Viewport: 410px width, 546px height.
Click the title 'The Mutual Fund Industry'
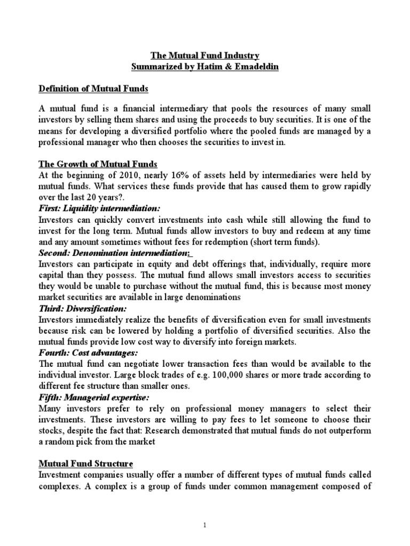206,55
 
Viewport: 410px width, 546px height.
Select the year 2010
120,175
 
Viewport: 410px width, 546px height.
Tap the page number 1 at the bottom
206,525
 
